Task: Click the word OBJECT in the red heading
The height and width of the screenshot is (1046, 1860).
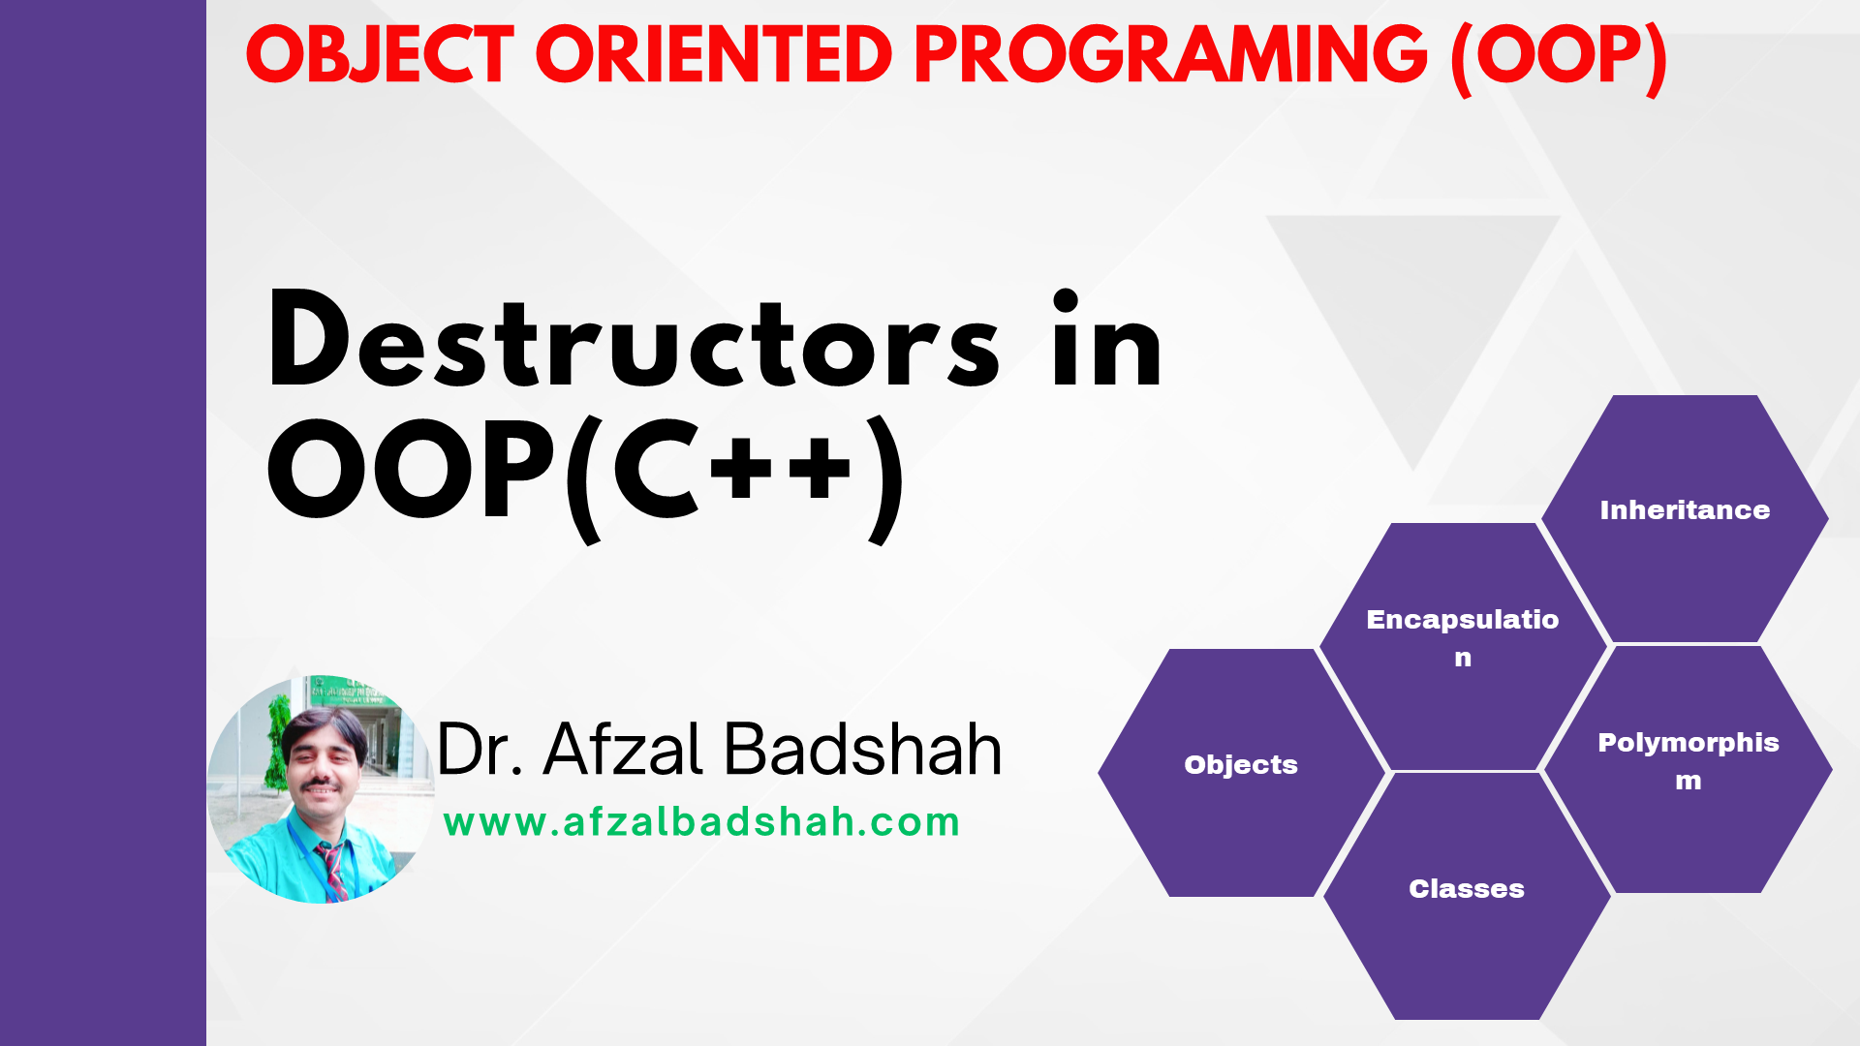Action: tap(380, 54)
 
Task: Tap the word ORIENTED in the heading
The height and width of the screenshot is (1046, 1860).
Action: tap(713, 54)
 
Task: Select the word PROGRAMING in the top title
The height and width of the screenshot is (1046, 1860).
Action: tap(1170, 54)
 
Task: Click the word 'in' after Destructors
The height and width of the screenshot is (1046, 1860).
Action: tap(1107, 339)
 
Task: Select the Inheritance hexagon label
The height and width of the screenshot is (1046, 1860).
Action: tap(1685, 509)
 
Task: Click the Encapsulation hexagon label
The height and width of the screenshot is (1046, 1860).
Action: tap(1463, 637)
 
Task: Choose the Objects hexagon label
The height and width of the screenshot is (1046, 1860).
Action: tap(1241, 765)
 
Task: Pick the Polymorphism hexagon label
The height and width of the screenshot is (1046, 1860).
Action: tap(1689, 761)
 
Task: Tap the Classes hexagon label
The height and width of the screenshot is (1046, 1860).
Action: tap(1467, 888)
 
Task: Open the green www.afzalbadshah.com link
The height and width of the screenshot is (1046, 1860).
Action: tap(701, 822)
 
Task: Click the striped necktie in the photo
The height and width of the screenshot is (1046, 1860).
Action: tap(332, 870)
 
